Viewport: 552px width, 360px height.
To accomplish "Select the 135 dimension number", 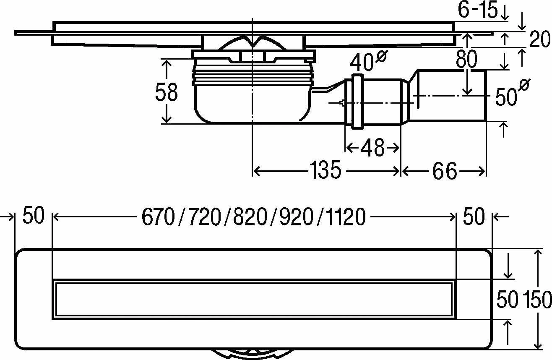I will [325, 171].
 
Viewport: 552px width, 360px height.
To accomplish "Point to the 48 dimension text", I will [372, 148].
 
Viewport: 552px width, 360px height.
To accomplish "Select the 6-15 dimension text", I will [477, 10].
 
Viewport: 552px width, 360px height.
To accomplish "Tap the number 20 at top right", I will [540, 40].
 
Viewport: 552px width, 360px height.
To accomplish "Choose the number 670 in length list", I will [158, 217].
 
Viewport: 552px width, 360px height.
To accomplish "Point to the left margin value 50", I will [33, 217].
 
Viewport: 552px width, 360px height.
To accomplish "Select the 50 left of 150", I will [508, 300].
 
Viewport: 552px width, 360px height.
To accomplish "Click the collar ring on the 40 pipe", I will [357, 101].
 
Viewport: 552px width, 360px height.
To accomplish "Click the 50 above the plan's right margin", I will [474, 217].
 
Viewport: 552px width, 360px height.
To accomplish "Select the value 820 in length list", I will [250, 217].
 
